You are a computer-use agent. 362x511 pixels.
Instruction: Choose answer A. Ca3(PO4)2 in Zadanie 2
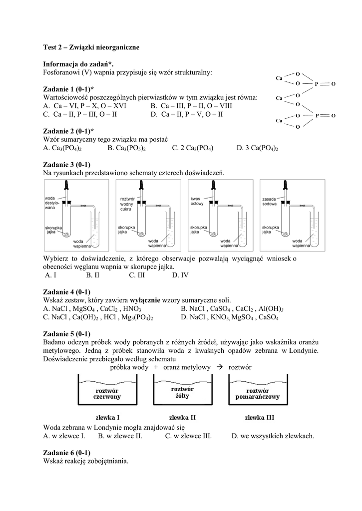point(62,148)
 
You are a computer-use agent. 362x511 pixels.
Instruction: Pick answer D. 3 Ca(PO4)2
point(257,148)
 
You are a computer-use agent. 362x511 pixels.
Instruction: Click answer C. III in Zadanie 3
point(136,275)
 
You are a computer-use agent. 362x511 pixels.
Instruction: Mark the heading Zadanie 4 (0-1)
point(67,292)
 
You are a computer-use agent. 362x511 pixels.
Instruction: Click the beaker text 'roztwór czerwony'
point(107,393)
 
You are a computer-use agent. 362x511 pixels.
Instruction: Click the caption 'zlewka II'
point(182,417)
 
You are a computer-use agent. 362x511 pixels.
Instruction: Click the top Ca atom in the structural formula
point(280,78)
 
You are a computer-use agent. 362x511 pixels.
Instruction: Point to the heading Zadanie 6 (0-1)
point(67,453)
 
